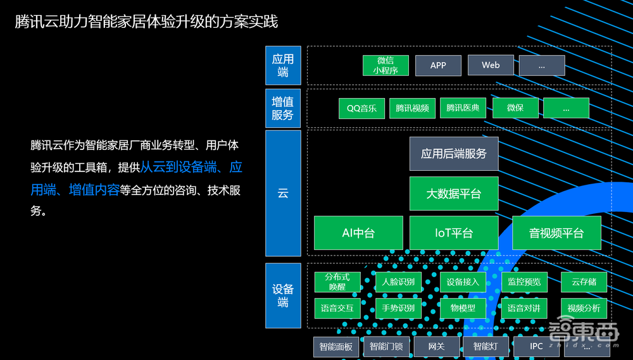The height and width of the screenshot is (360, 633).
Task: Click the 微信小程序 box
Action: tap(385, 65)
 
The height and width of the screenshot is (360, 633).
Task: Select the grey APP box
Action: tap(438, 65)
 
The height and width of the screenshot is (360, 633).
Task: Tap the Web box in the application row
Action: tap(491, 65)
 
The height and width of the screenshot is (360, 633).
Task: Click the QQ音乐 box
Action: tap(361, 108)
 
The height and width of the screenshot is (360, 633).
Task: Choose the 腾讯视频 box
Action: tap(412, 108)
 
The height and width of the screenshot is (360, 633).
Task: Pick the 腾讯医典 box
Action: tap(463, 108)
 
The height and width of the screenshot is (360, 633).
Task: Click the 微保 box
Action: tap(515, 108)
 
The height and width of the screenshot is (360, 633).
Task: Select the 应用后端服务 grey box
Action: tap(454, 154)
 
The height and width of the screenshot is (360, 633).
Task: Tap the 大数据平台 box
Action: tap(454, 194)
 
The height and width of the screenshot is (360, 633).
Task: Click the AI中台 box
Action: tap(358, 233)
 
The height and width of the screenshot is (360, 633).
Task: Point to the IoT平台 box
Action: tap(454, 233)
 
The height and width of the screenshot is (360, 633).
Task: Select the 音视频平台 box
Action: tap(556, 233)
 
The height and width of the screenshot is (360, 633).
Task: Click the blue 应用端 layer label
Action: tap(283, 65)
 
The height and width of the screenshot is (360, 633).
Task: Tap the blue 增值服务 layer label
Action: tap(283, 108)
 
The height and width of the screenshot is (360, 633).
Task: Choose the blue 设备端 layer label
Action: tap(283, 295)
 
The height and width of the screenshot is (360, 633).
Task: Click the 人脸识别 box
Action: tap(398, 282)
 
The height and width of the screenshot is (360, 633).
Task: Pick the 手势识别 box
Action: tap(398, 308)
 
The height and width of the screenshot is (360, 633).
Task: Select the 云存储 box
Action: tap(584, 282)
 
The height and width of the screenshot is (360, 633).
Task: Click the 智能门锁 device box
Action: tap(386, 347)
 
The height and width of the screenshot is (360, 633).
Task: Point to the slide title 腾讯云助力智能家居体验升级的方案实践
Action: tap(146, 22)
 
